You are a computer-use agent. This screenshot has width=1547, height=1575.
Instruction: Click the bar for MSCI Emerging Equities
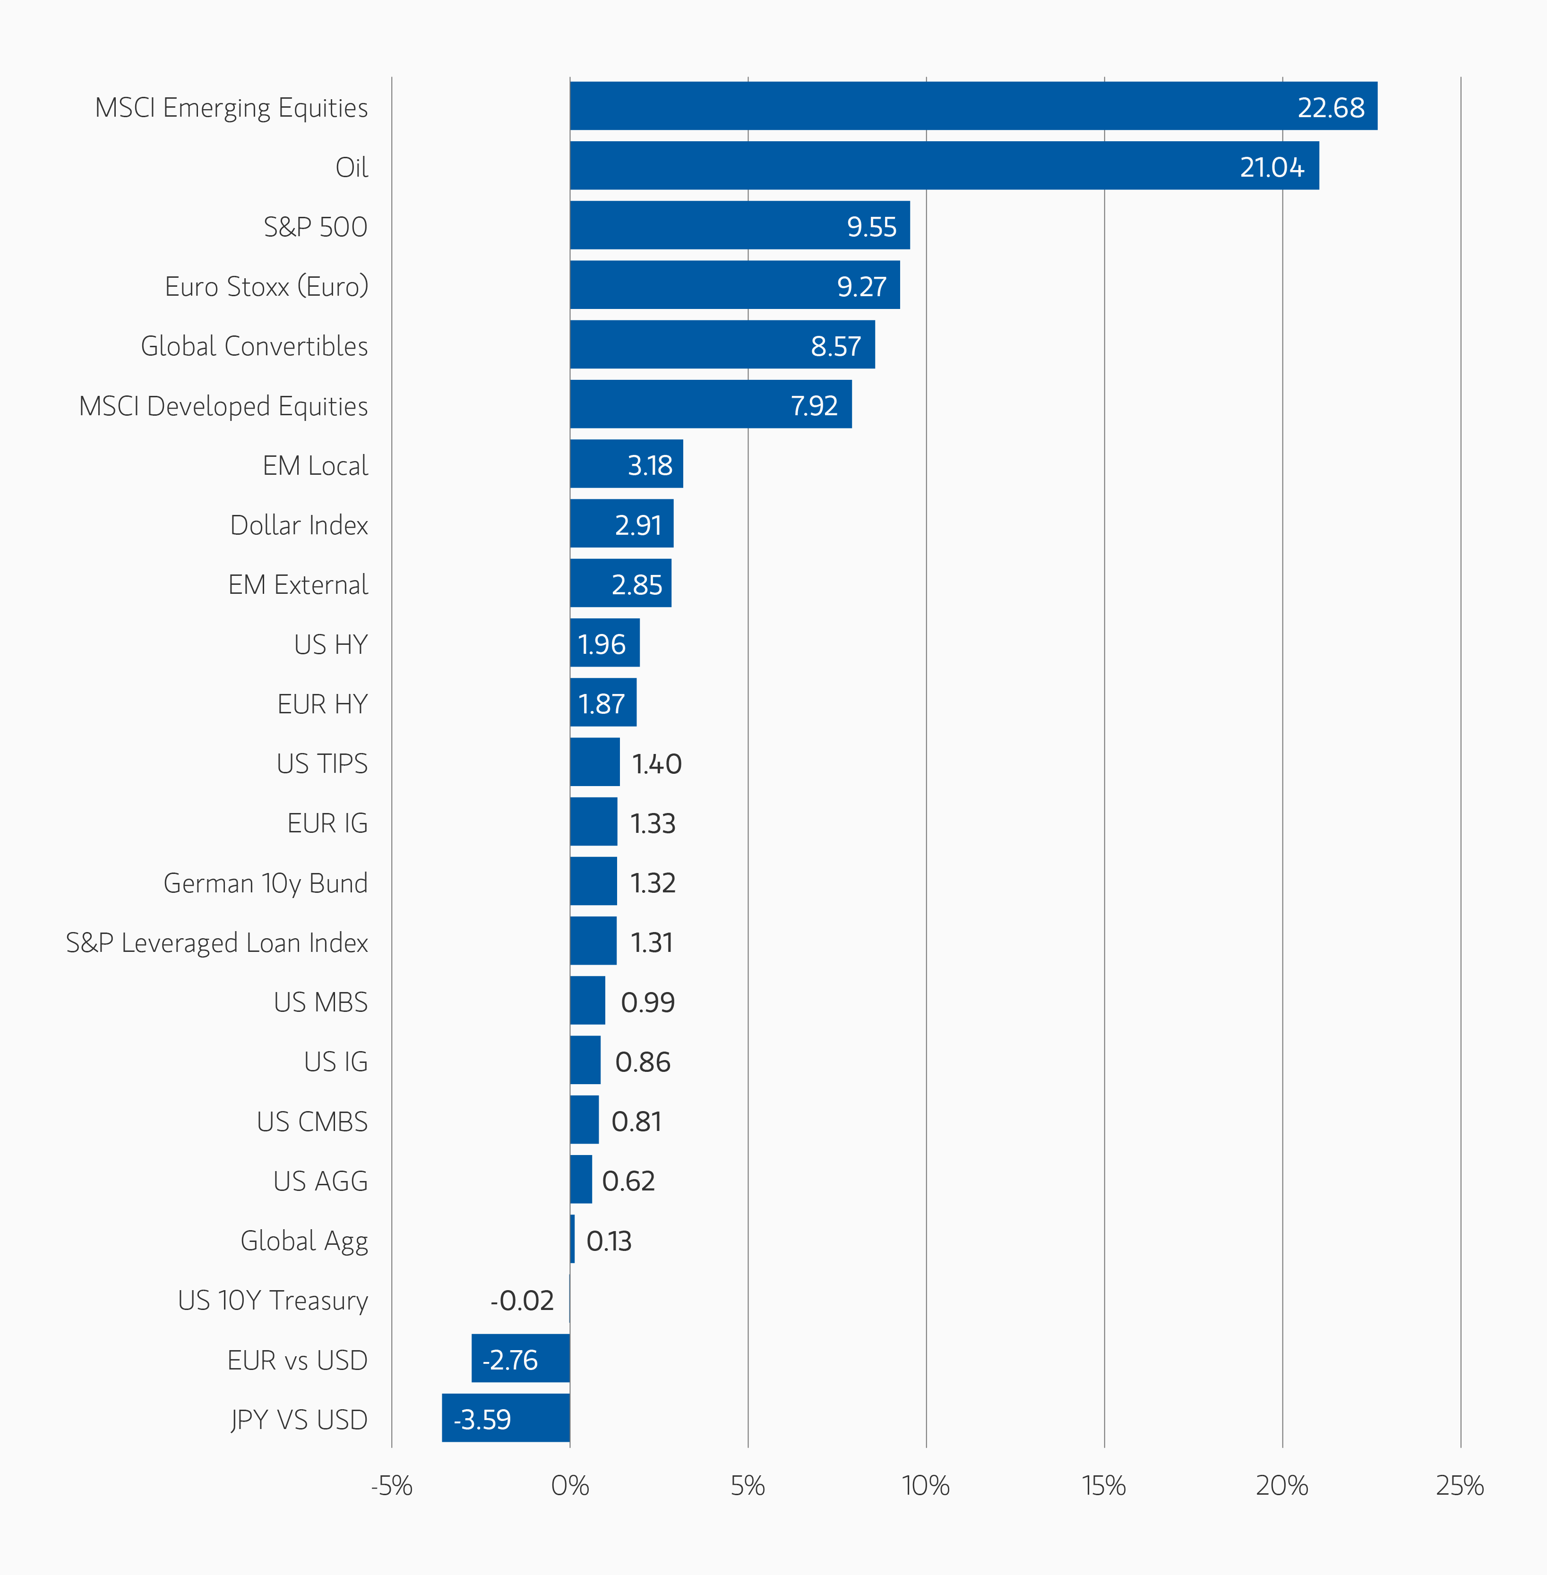[x=973, y=106]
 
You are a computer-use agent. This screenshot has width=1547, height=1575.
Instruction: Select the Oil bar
[x=944, y=166]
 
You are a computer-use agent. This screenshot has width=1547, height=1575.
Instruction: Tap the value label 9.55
[x=872, y=227]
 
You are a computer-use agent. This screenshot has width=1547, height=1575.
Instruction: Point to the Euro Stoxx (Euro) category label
[x=266, y=287]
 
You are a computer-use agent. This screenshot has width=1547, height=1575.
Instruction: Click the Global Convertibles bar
[x=722, y=344]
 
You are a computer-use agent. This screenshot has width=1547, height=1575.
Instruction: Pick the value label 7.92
[x=814, y=405]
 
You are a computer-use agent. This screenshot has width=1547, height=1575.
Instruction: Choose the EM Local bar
[x=627, y=464]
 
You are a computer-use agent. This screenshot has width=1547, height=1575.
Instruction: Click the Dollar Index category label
[x=299, y=525]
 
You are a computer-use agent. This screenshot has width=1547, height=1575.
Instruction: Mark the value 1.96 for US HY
[x=601, y=644]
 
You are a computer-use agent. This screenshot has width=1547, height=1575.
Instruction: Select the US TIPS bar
[x=595, y=762]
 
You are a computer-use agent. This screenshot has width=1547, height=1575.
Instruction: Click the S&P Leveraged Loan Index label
[x=217, y=943]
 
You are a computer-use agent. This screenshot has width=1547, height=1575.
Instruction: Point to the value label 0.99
[x=647, y=1002]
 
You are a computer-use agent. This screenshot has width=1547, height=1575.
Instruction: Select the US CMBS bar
[x=584, y=1119]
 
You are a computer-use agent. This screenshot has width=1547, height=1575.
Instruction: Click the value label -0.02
[x=522, y=1301]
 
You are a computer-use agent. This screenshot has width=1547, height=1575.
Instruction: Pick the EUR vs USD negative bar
[x=521, y=1358]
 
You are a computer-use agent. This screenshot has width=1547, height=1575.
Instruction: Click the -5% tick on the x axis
[x=392, y=1486]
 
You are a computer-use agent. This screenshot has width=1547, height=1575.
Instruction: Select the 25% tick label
[x=1460, y=1486]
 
